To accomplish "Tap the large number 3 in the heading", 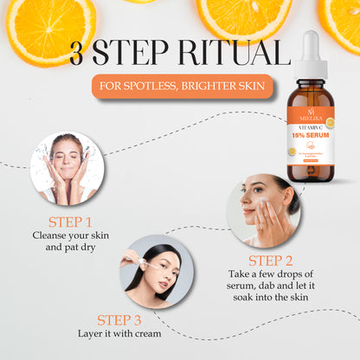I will coord(81,54).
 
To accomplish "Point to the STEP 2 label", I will coord(270,260).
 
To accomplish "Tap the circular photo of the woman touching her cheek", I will coord(263,209).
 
